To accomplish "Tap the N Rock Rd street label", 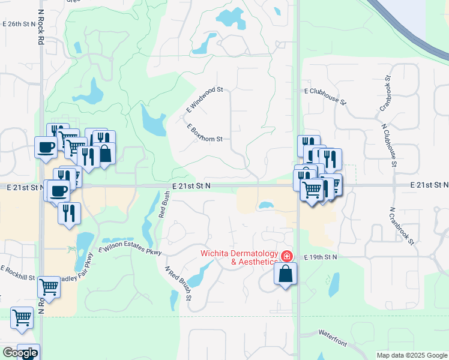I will pyautogui.click(x=40, y=28).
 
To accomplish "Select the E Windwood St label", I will pyautogui.click(x=204, y=100).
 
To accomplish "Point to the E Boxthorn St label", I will pyautogui.click(x=204, y=133).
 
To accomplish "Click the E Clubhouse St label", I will pyautogui.click(x=325, y=95).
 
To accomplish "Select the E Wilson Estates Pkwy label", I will pyautogui.click(x=130, y=249).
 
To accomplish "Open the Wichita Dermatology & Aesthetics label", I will pyautogui.click(x=239, y=257).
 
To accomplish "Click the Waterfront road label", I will pyautogui.click(x=333, y=337).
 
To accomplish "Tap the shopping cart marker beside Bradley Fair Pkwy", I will pyautogui.click(x=49, y=287).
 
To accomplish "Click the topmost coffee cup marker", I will pyautogui.click(x=46, y=147).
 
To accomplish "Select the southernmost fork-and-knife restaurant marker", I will pyautogui.click(x=69, y=213).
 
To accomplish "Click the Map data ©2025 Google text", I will pyautogui.click(x=411, y=355).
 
